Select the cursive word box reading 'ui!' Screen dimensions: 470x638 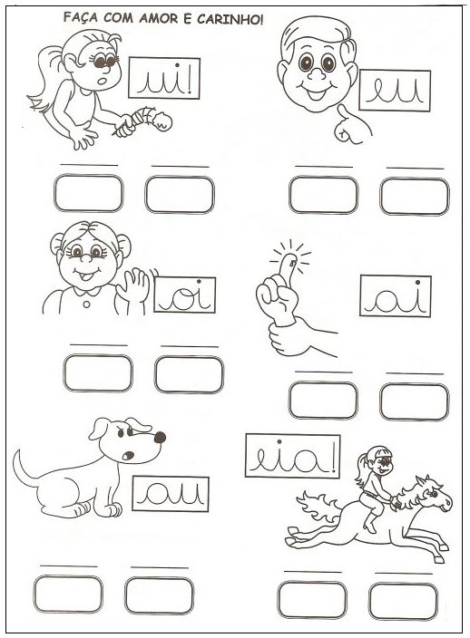point(164,78)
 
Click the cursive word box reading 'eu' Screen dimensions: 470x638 point(395,91)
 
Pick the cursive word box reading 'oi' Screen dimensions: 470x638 point(184,295)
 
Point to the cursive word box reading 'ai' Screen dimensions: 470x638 point(395,295)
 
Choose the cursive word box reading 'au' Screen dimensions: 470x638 point(171,494)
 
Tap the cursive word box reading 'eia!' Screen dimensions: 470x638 point(292,456)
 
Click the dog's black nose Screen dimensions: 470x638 point(160,437)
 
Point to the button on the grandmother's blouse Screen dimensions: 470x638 point(87,304)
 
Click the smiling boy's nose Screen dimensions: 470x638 point(317,73)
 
